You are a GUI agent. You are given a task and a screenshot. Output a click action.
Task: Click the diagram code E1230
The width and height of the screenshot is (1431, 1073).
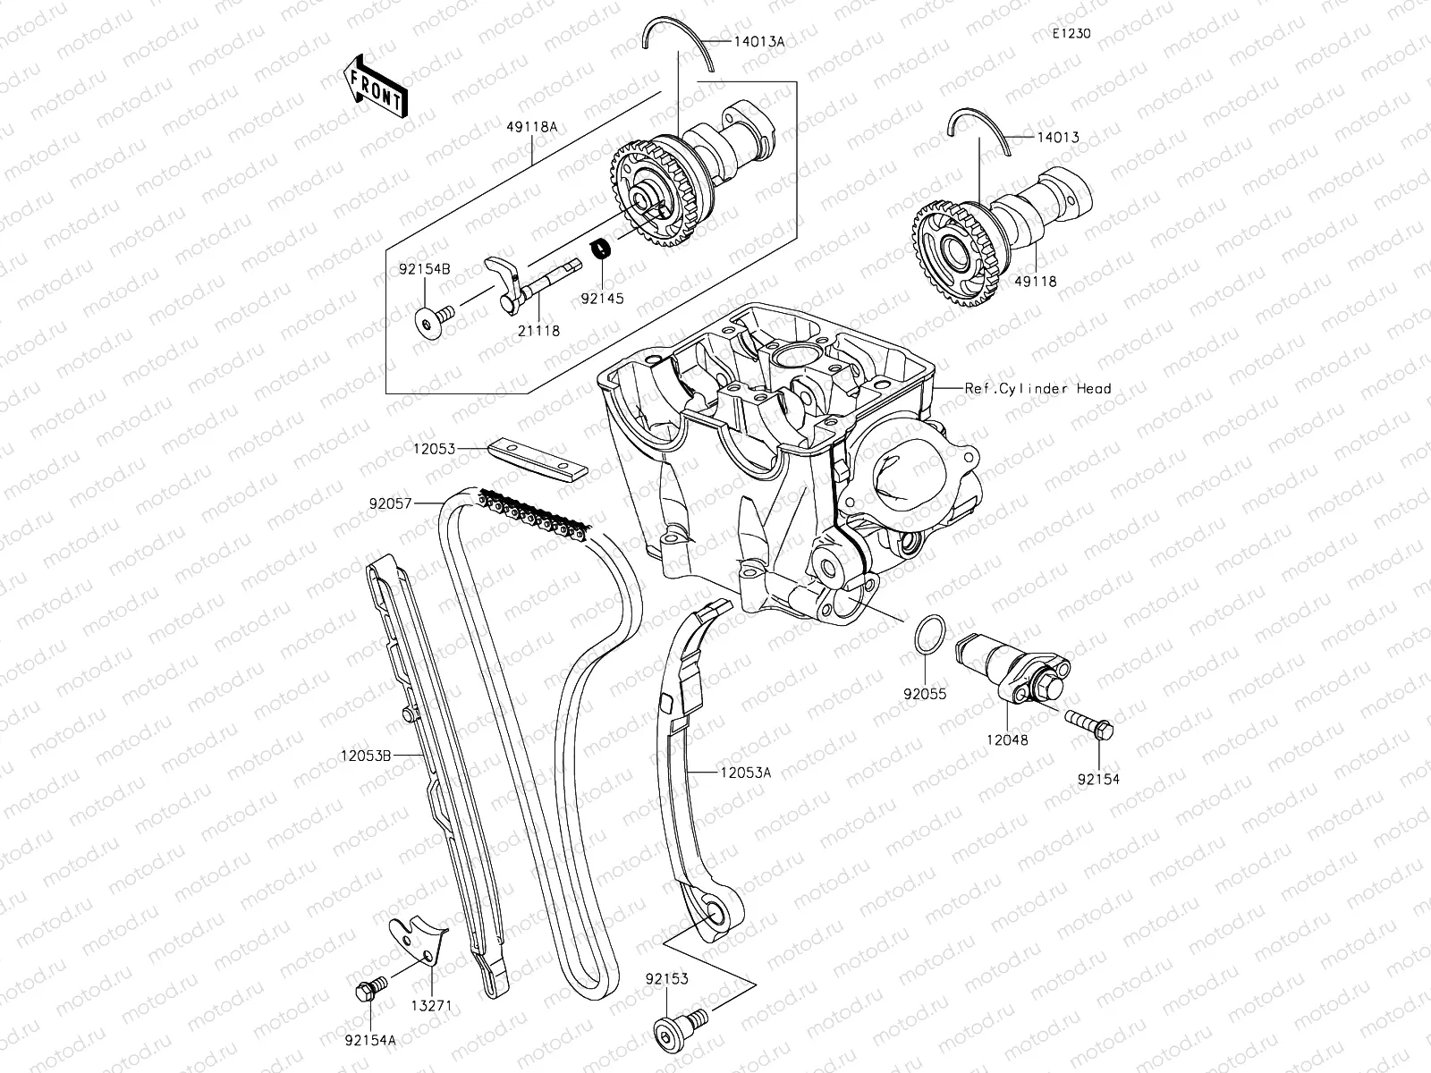[1071, 34]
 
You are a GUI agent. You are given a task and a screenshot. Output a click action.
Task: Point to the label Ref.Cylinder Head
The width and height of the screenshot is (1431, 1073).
[1037, 388]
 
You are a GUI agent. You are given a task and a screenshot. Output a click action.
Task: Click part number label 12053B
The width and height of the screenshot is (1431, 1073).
[366, 756]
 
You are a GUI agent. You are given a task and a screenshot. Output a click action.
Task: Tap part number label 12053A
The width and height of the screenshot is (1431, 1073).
[743, 773]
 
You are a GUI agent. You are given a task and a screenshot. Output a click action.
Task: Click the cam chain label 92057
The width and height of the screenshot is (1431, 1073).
[390, 503]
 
